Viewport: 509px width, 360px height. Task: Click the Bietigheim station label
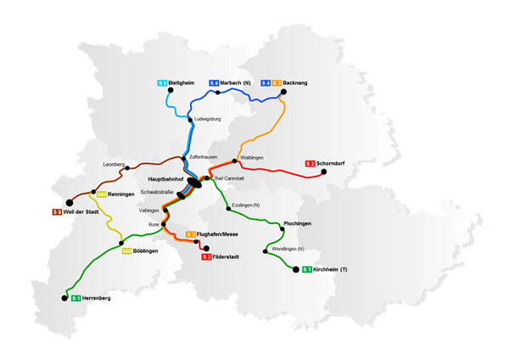point(182,82)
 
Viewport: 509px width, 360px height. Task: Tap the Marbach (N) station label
point(237,82)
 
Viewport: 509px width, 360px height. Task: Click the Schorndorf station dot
point(323,175)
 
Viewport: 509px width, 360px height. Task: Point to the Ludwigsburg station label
point(207,119)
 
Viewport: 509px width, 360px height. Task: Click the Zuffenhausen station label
point(203,158)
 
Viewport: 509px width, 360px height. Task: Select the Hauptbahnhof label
point(165,180)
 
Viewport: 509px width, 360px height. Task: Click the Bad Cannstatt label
point(230,178)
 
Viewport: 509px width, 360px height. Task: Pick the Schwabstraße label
point(157,193)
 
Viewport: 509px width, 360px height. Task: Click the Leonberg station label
point(114,163)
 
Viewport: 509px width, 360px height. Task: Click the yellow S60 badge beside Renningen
point(101,194)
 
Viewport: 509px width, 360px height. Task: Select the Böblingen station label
point(147,250)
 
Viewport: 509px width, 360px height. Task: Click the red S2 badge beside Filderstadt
point(206,256)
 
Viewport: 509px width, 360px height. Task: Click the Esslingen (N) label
point(246,205)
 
